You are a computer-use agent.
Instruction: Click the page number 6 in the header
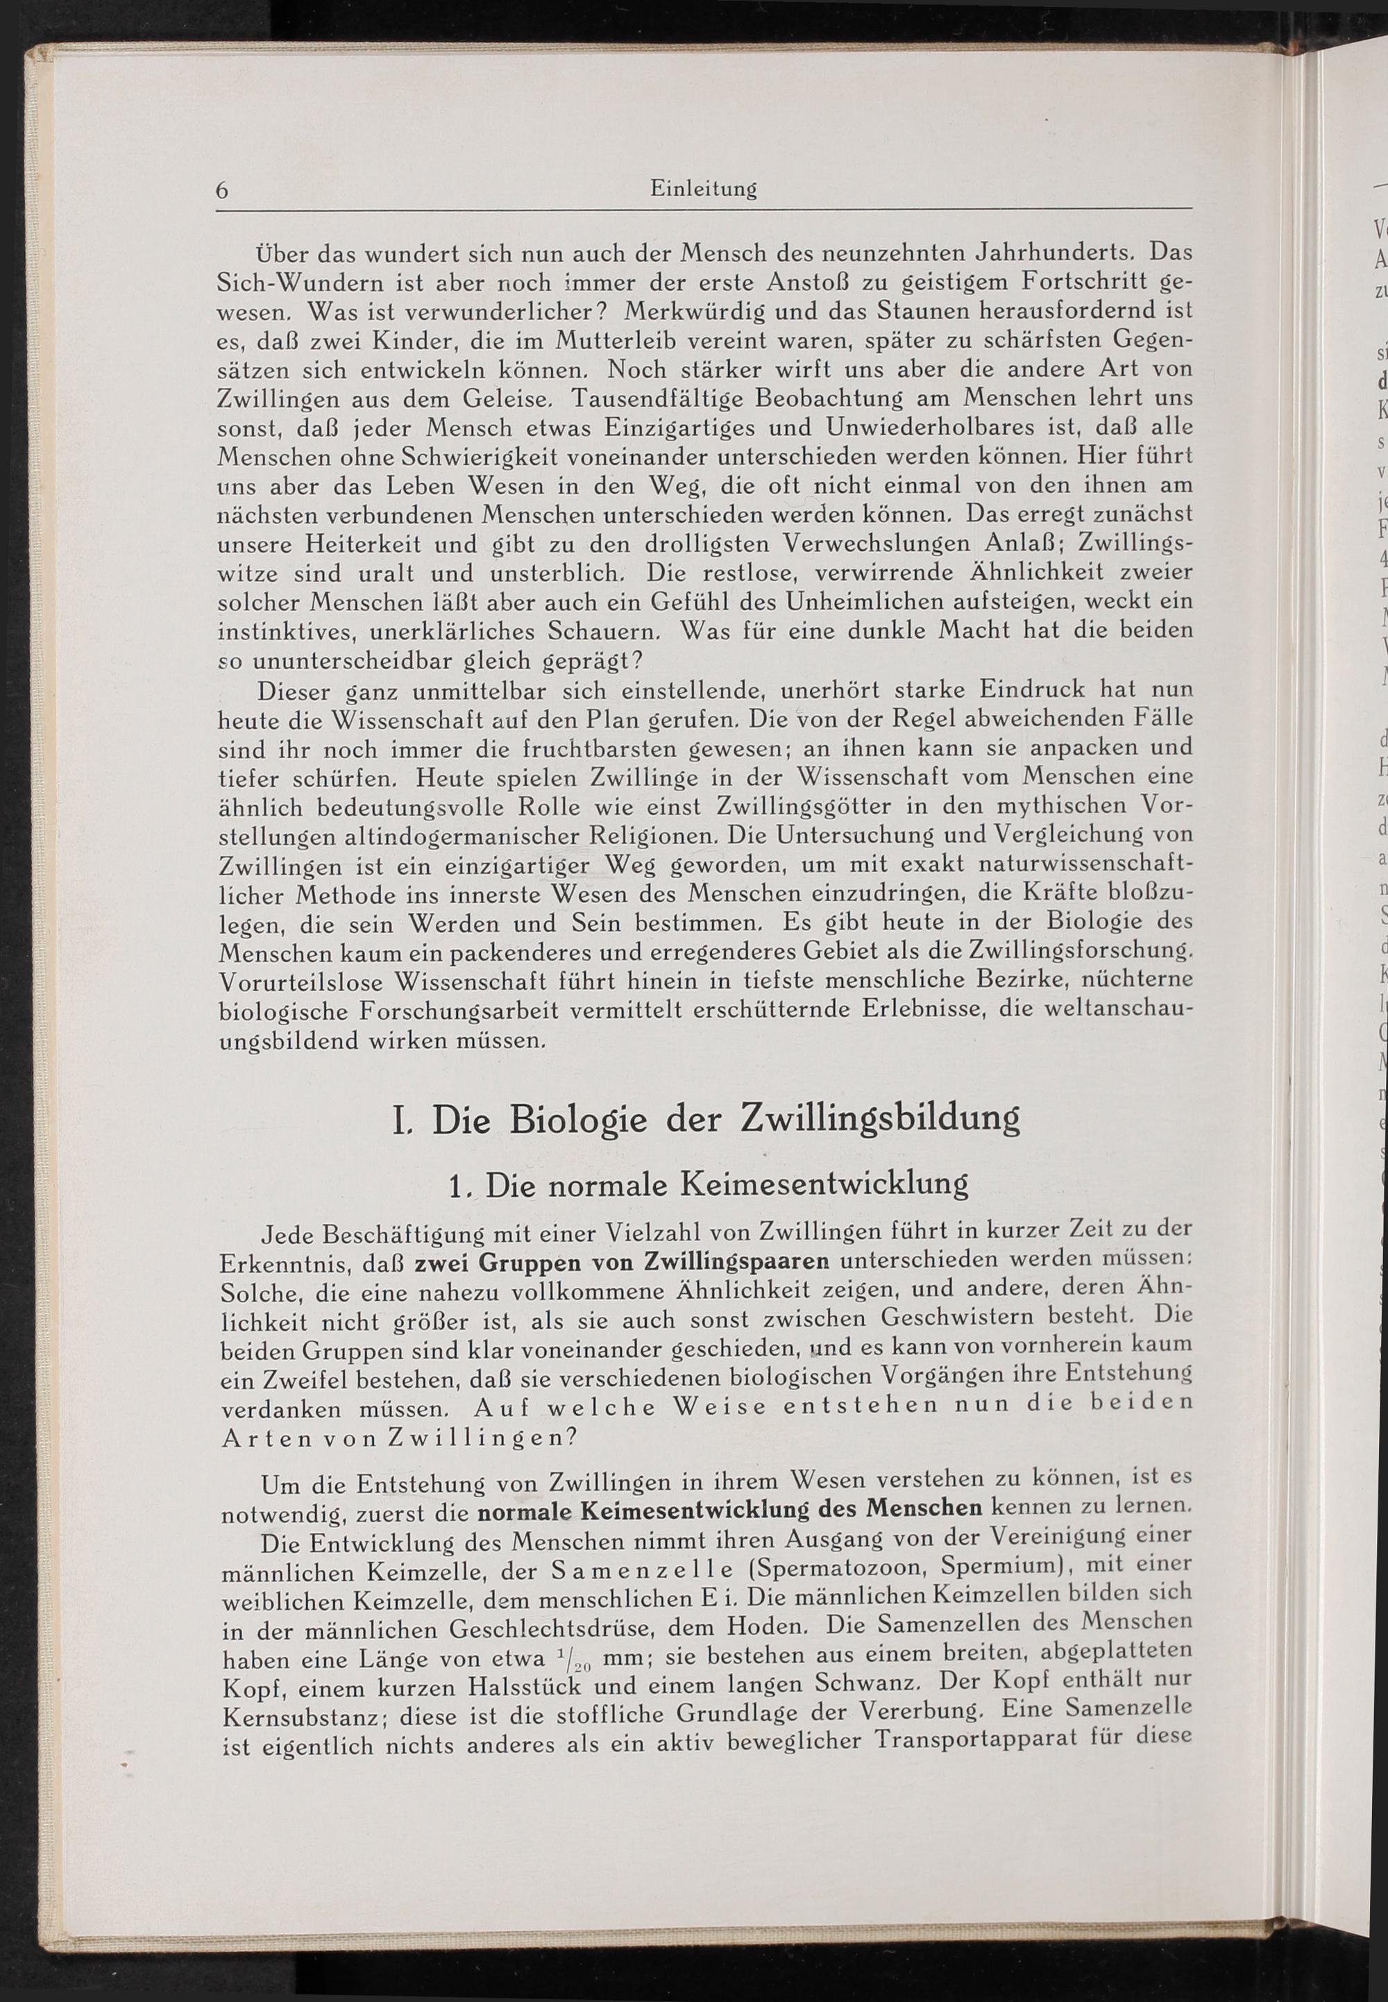coord(222,190)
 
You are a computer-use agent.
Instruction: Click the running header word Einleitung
coord(703,188)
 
